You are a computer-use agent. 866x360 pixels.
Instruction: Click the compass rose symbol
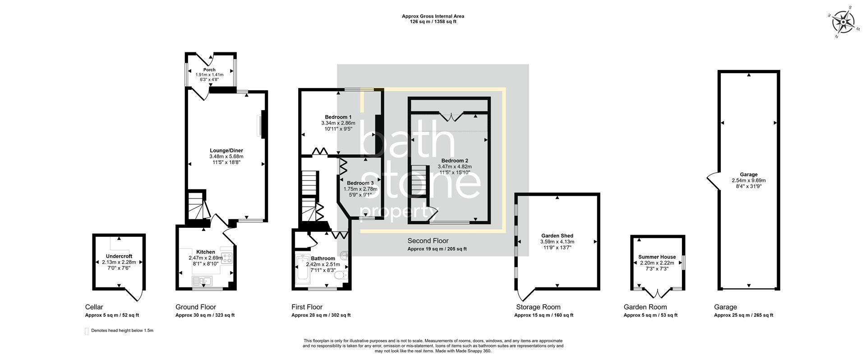click(x=843, y=22)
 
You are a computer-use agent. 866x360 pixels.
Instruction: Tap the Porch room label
click(x=209, y=70)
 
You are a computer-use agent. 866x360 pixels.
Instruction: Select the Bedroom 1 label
click(x=338, y=117)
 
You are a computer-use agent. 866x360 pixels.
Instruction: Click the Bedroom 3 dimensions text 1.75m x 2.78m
click(x=360, y=189)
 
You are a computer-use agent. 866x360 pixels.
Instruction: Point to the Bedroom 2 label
click(x=455, y=161)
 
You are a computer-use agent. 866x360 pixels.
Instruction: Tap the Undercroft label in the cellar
click(x=119, y=256)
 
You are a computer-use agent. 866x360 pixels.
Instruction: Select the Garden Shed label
click(x=557, y=235)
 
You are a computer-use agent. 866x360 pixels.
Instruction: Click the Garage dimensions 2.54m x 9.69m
click(x=749, y=180)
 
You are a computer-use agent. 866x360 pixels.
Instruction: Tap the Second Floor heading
click(x=428, y=241)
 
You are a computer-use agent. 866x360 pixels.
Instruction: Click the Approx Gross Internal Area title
click(x=433, y=16)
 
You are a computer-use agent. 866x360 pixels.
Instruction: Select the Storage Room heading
click(x=538, y=307)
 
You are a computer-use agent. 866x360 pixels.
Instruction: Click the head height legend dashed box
click(x=87, y=331)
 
